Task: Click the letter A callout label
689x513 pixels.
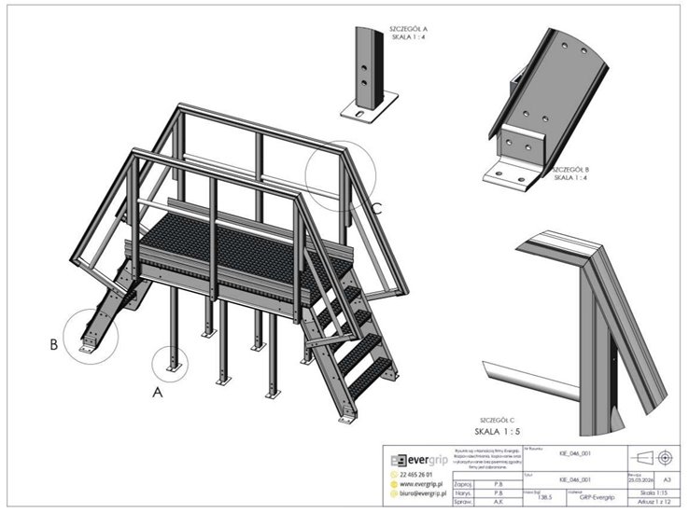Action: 158,393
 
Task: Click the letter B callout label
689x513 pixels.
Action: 54,344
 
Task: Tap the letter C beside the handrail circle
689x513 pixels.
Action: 377,209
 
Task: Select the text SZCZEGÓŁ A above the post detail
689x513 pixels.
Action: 408,30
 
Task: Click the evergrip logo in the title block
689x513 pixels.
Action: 415,460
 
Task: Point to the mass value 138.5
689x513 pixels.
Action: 544,499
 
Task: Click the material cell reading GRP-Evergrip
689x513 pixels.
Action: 598,499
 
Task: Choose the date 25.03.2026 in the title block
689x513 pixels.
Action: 638,477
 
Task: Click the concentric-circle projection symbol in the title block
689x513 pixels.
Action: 666,457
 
